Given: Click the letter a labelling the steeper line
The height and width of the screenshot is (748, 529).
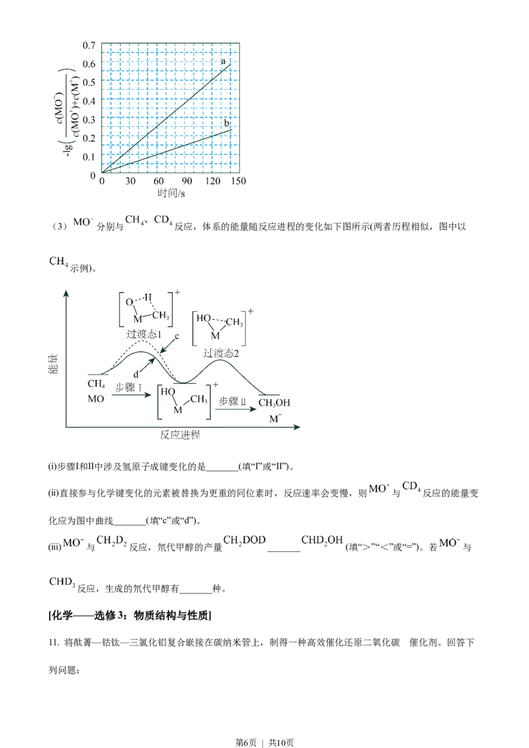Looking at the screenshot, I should pos(225,63).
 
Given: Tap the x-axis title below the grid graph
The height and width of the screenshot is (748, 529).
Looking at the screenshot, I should pos(171,193).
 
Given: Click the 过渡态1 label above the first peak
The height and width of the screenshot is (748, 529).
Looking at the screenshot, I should pos(145,334).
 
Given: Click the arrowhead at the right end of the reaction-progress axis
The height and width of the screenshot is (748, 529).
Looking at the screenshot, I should pos(297,428).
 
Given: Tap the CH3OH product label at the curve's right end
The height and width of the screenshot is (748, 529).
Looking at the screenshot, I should pos(274,402).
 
